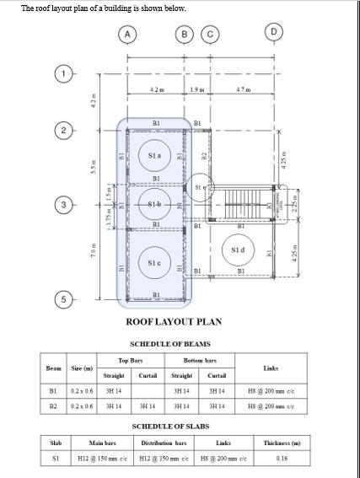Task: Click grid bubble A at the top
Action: coord(127,34)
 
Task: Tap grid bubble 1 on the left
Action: coord(64,73)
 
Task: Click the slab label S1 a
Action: coord(154,156)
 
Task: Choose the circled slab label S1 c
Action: coord(154,263)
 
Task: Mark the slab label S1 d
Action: coord(239,250)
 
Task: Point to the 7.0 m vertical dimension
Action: coord(94,251)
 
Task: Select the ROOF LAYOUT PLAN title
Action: coord(174,322)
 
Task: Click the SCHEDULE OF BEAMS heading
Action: coord(169,344)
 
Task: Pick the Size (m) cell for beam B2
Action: coord(83,406)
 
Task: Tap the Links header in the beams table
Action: coord(271,368)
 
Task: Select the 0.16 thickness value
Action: coord(293,459)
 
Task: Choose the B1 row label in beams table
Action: coord(53,391)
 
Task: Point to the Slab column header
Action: coord(56,443)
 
